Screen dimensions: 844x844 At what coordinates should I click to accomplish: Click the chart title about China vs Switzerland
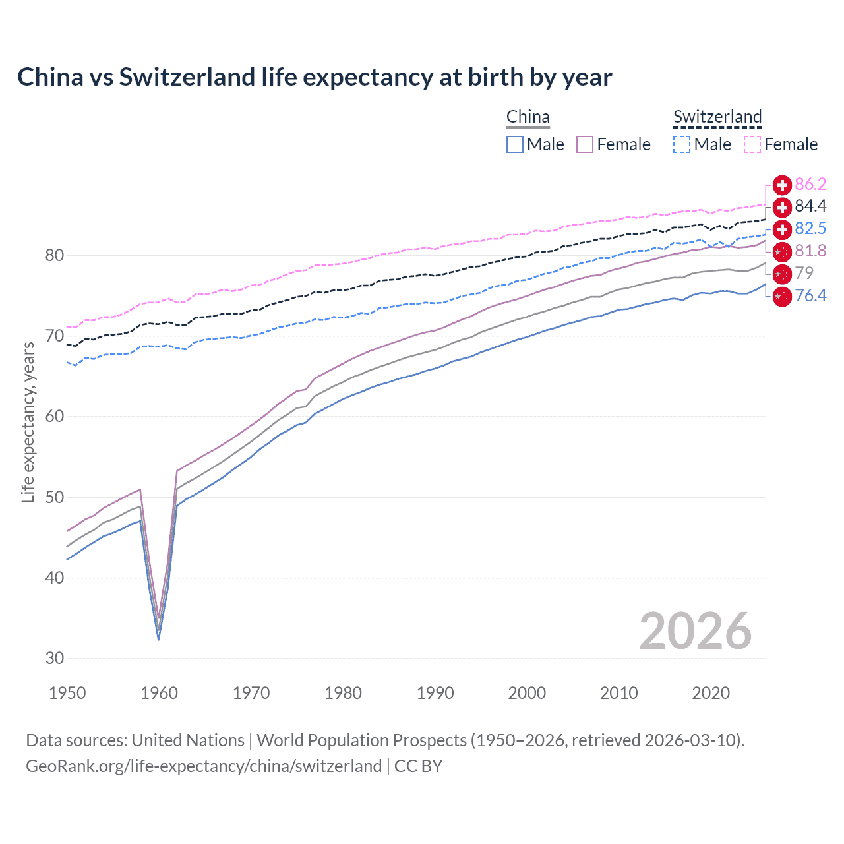(x=315, y=77)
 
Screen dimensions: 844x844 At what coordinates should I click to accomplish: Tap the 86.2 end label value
(x=810, y=185)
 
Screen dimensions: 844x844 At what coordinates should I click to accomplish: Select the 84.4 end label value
(x=810, y=206)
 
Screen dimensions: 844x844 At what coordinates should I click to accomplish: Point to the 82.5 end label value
(x=810, y=229)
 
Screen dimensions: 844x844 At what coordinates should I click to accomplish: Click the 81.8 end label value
(x=810, y=251)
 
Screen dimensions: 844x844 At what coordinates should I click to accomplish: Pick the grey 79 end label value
(x=804, y=273)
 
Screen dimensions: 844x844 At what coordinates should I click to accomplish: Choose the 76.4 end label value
(x=810, y=295)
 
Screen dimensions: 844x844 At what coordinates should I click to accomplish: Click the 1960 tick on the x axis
(x=160, y=693)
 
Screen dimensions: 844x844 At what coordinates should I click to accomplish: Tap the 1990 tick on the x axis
(x=435, y=693)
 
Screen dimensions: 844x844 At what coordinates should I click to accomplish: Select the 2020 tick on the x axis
(x=711, y=693)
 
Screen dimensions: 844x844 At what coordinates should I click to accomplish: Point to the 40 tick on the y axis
(x=55, y=578)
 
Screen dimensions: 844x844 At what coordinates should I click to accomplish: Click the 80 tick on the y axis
(x=55, y=256)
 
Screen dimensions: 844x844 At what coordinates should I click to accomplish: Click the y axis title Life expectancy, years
(x=28, y=422)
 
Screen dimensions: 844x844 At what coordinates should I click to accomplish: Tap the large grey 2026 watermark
(x=695, y=632)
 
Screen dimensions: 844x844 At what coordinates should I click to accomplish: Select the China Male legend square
(x=515, y=144)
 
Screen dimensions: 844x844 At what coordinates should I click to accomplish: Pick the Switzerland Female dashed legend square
(x=752, y=144)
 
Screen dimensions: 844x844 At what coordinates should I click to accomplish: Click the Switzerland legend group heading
(x=717, y=117)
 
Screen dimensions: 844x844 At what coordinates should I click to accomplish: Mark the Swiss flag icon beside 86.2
(x=782, y=185)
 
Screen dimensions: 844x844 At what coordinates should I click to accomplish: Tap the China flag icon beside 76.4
(x=782, y=297)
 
